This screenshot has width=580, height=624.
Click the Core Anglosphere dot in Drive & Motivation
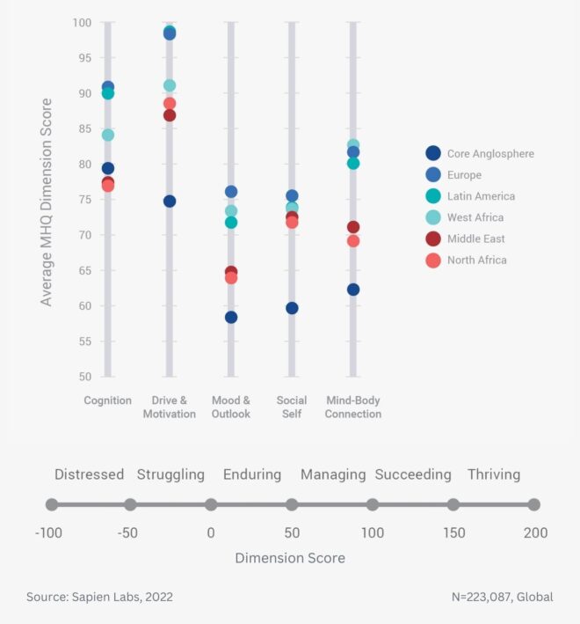170,202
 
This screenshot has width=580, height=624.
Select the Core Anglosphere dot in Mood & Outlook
231,317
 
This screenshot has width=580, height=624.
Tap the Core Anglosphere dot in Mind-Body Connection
353,290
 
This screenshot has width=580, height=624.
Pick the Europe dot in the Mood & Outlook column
231,192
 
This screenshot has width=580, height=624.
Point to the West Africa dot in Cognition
108,136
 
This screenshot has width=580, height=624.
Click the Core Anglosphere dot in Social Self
292,308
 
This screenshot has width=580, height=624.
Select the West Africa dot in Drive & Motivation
170,86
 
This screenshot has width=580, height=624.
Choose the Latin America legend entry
481,196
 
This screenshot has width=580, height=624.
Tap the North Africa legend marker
432,260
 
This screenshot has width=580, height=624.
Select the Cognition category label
108,400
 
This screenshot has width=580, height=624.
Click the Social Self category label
292,407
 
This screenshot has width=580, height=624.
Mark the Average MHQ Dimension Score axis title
47,202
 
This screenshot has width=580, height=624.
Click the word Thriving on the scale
494,474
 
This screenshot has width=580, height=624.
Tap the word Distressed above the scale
89,474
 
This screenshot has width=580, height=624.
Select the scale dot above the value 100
373,504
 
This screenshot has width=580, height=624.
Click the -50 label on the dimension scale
129,532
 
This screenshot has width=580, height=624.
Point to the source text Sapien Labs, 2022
99,597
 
